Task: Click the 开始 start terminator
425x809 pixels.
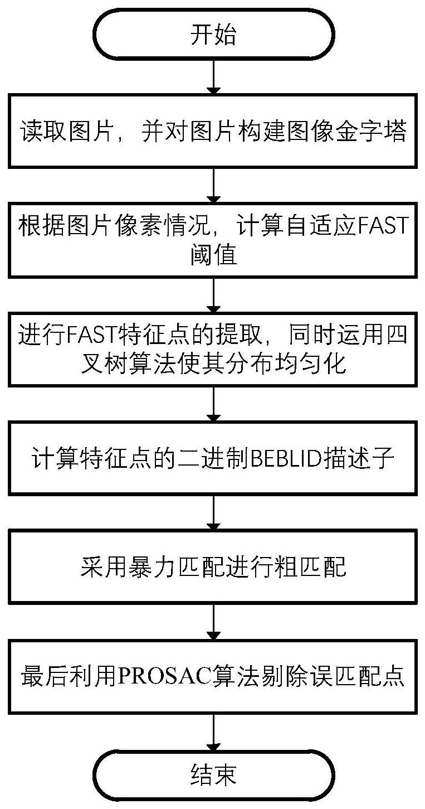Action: click(x=213, y=35)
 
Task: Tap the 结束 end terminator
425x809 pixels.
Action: click(x=213, y=774)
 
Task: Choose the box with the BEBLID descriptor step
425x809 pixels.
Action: click(x=213, y=458)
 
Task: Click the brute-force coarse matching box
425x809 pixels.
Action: click(x=213, y=566)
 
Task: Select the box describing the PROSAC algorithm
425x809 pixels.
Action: click(x=213, y=676)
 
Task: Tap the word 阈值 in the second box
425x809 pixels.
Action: click(x=213, y=256)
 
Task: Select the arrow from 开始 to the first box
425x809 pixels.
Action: click(x=213, y=76)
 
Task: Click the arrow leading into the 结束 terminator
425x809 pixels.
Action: click(x=213, y=730)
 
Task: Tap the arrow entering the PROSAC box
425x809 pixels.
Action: click(x=213, y=622)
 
